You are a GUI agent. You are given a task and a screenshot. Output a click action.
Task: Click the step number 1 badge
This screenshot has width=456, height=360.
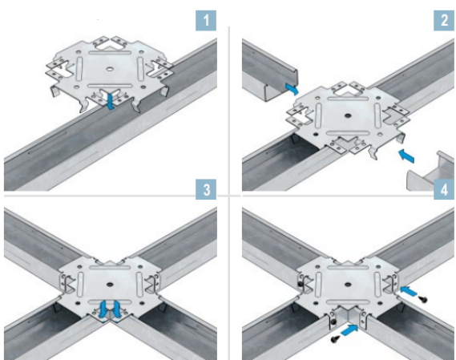pos(206,20)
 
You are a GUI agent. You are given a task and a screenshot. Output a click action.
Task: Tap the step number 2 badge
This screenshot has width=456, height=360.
pos(444,20)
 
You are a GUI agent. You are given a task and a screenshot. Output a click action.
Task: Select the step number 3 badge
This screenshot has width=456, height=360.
pos(206,189)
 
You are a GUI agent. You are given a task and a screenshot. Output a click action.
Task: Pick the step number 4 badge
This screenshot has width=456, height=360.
pos(444,189)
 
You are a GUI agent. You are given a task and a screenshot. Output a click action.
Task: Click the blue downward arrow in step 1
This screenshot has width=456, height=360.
pos(110,100)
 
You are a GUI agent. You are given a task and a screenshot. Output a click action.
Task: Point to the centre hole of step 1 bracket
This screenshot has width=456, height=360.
pos(110,69)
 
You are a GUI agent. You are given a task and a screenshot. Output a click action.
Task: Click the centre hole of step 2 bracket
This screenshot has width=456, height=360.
pos(348,115)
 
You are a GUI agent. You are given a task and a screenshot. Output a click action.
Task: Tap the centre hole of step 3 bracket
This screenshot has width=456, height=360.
pos(110,284)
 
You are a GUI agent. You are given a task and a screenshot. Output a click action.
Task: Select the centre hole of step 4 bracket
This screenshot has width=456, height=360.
pos(348,284)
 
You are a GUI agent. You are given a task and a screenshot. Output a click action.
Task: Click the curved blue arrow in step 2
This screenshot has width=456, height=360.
pos(292,89)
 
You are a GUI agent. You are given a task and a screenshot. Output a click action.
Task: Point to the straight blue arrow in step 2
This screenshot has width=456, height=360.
pos(406,156)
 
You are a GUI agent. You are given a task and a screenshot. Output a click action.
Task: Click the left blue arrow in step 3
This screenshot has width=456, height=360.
pos(103,309)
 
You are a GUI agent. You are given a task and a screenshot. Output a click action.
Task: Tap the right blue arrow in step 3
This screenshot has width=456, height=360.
pos(116,309)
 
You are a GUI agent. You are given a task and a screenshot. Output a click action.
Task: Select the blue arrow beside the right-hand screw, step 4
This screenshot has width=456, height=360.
pos(409,291)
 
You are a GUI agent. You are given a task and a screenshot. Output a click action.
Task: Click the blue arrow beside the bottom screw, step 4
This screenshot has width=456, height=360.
pos(349,330)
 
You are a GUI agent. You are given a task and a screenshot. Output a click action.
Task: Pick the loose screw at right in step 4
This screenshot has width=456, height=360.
pos(423,298)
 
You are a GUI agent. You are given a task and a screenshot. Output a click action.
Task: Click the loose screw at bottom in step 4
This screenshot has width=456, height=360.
pos(335,338)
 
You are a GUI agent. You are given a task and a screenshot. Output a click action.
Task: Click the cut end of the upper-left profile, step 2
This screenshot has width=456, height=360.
pos(281,85)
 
